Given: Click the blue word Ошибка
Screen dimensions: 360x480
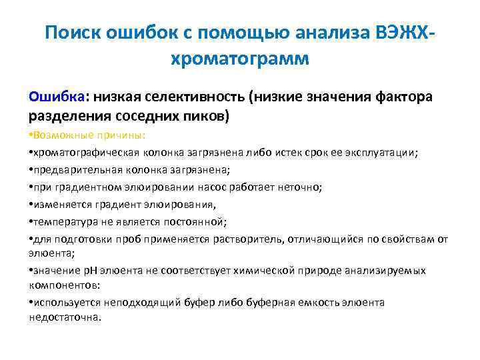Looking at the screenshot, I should coord(55,97).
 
